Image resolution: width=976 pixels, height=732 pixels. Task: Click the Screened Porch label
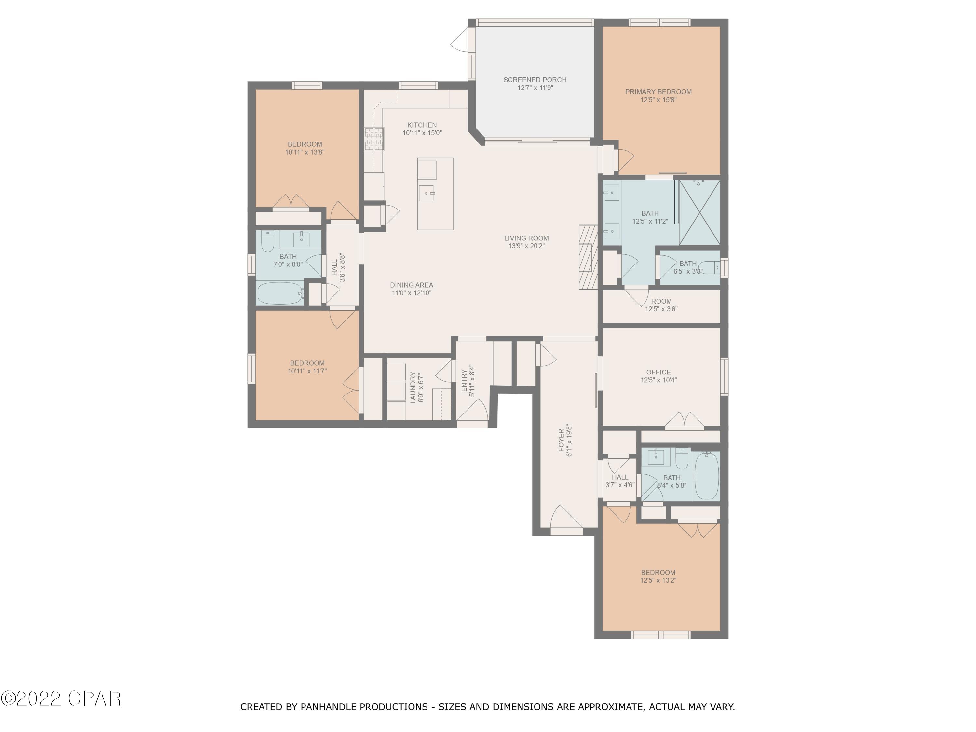tap(535, 80)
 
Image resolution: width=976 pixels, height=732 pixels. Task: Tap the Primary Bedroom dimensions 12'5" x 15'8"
tap(658, 100)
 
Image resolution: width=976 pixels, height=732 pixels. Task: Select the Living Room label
tap(526, 238)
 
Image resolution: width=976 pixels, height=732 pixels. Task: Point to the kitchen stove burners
tap(374, 139)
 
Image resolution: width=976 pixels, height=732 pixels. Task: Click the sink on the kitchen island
tap(427, 193)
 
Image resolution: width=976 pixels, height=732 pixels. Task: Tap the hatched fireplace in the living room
tap(588, 257)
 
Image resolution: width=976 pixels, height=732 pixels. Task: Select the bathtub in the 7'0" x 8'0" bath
tap(280, 293)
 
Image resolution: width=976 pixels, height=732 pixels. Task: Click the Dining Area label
tap(412, 285)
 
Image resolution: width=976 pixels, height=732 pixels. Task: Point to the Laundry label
tap(413, 387)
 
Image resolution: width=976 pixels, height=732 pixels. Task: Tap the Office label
tap(658, 372)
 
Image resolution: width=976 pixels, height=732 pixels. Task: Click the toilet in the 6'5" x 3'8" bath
tap(710, 267)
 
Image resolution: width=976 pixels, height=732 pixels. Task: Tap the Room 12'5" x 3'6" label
tap(661, 301)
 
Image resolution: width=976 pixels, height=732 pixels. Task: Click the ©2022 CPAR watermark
tap(61, 698)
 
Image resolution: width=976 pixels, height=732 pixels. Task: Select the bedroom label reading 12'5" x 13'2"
tap(658, 580)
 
